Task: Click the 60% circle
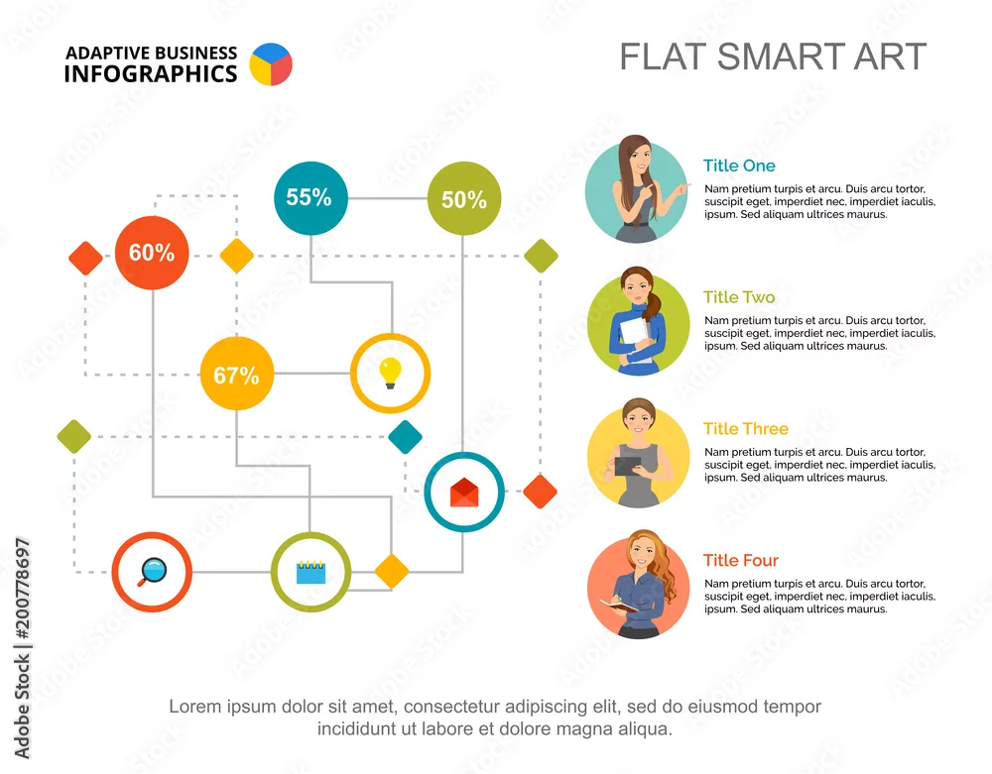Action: click(x=152, y=253)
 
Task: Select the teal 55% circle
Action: click(x=310, y=198)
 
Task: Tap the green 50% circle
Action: click(x=463, y=198)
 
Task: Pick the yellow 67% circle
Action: click(x=237, y=374)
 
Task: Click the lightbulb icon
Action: click(x=390, y=373)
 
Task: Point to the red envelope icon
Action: click(x=463, y=493)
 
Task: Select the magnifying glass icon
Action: click(x=152, y=572)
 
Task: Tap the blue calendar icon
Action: click(x=310, y=572)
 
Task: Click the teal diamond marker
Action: click(x=405, y=437)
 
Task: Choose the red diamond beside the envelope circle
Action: click(x=541, y=492)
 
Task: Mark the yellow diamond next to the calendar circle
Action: click(x=392, y=571)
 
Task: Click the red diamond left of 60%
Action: click(x=85, y=258)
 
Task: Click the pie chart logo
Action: click(x=271, y=63)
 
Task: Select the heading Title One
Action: click(x=739, y=166)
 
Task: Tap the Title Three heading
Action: click(x=746, y=428)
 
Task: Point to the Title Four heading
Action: click(x=741, y=560)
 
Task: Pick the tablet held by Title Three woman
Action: click(x=628, y=467)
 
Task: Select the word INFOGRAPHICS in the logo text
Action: click(x=151, y=74)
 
